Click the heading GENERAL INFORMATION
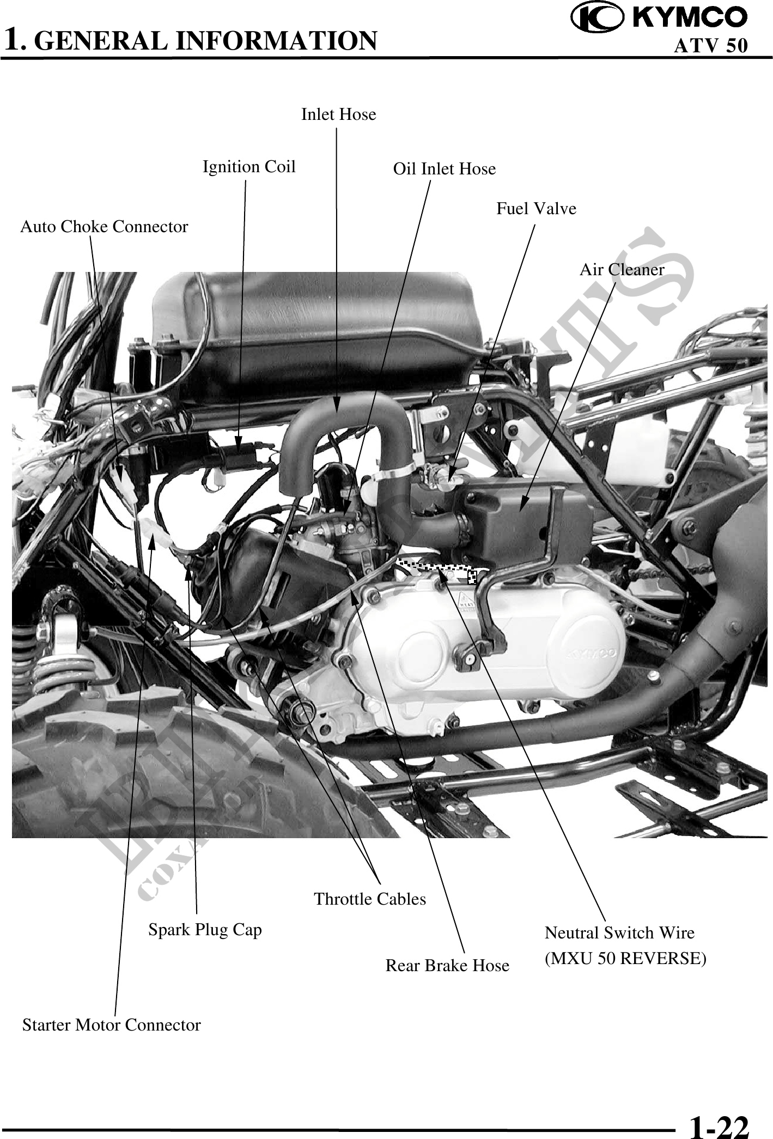[209, 40]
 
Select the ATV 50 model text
[710, 46]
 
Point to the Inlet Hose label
[338, 114]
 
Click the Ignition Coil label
[249, 167]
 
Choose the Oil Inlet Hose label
[445, 169]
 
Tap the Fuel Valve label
[536, 208]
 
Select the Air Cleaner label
[622, 269]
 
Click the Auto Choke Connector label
[104, 227]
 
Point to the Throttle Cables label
[370, 899]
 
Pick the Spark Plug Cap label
[205, 930]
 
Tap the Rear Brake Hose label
[447, 966]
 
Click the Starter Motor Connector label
[111, 1025]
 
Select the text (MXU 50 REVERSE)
[626, 959]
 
